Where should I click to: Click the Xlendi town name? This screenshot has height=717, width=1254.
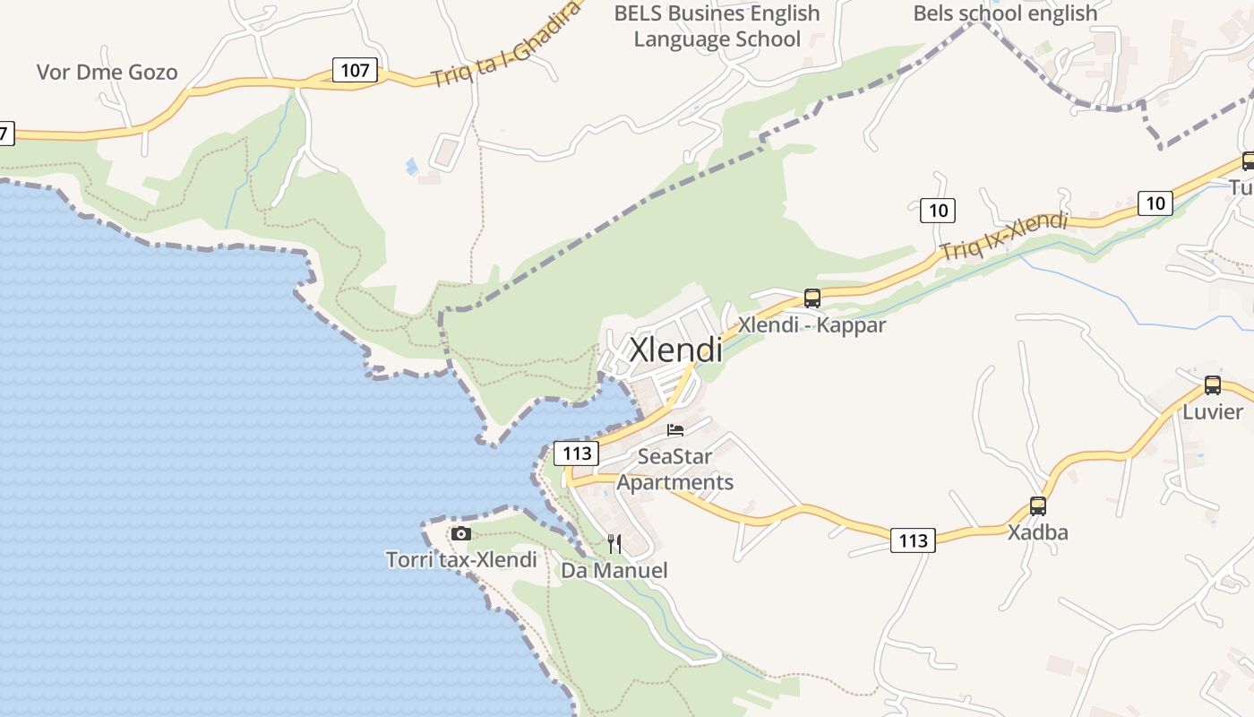(x=675, y=350)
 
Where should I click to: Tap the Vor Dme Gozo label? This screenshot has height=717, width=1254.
(x=107, y=73)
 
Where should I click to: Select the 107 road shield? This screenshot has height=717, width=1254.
(x=355, y=70)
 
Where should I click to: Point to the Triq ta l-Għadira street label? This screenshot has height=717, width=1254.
(x=507, y=44)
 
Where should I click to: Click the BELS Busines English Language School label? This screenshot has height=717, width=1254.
(x=717, y=26)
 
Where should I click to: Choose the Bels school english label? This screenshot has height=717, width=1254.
(x=1005, y=13)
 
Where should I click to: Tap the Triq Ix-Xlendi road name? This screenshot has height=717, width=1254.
(x=1003, y=236)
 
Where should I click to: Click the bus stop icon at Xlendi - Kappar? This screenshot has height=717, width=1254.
(x=812, y=298)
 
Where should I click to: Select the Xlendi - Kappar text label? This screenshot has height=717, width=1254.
(x=812, y=324)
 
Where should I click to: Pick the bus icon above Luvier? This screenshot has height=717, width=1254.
(x=1212, y=384)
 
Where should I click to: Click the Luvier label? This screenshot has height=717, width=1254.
(x=1213, y=412)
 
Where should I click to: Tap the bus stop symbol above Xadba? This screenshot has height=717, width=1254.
(x=1037, y=505)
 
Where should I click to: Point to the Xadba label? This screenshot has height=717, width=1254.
(x=1037, y=532)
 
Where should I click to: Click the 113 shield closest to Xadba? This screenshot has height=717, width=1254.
(x=913, y=540)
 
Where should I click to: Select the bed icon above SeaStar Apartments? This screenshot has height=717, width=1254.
(x=675, y=431)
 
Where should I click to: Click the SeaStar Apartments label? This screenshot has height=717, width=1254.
(x=675, y=469)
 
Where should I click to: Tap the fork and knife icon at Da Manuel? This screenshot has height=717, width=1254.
(x=614, y=543)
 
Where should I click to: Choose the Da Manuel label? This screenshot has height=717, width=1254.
(x=614, y=570)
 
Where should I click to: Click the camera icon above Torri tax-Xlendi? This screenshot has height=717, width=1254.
(x=461, y=533)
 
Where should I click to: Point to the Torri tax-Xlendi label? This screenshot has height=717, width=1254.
(x=461, y=560)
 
